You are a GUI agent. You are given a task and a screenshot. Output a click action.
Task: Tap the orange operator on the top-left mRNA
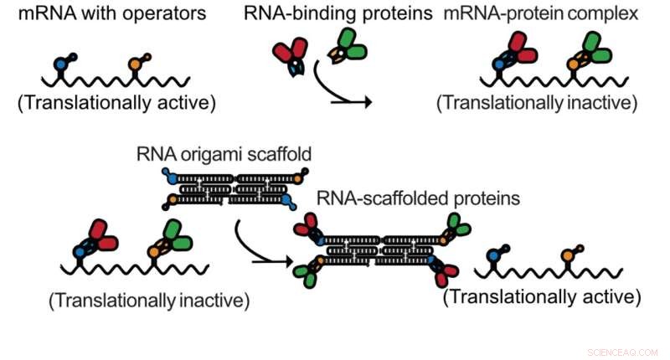click(x=135, y=63)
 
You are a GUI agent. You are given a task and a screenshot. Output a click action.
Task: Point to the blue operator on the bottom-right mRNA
click(x=495, y=251)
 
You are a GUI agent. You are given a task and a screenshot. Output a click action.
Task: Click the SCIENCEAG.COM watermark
click(x=623, y=352)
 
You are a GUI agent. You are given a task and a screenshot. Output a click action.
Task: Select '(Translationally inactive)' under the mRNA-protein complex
click(x=536, y=104)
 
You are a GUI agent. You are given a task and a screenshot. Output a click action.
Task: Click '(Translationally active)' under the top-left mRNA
click(x=116, y=104)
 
